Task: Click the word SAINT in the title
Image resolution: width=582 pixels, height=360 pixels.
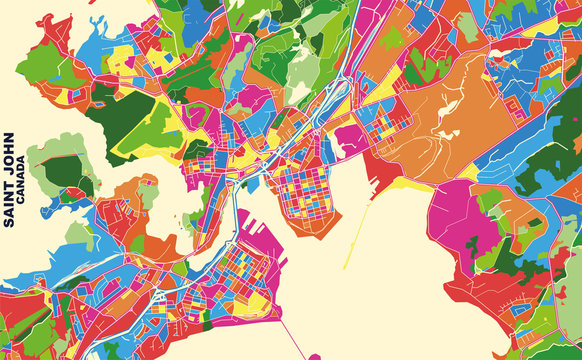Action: click(9, 204)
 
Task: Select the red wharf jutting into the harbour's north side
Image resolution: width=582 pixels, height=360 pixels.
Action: click(380, 170)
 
